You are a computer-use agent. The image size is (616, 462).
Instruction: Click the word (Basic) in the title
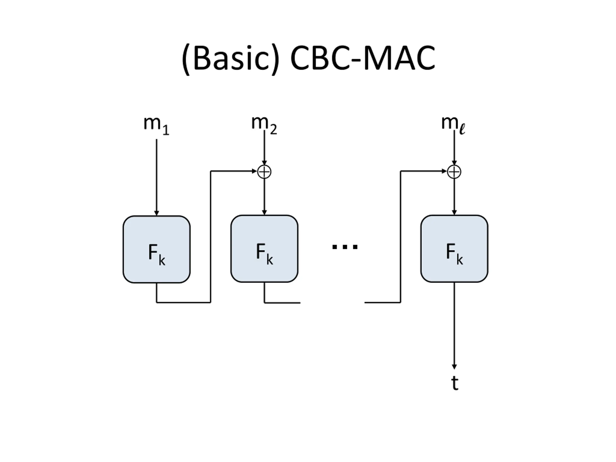click(x=230, y=59)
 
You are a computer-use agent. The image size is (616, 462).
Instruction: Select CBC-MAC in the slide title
click(x=363, y=58)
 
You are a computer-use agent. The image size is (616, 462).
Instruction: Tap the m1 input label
click(x=156, y=125)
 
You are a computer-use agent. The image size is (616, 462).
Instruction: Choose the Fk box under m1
click(x=156, y=250)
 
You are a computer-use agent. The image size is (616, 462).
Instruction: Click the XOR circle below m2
click(x=264, y=172)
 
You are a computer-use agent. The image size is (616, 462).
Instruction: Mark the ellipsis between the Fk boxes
click(x=345, y=246)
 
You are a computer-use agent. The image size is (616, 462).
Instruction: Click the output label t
click(x=455, y=383)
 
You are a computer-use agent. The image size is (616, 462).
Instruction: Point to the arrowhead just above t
click(x=454, y=367)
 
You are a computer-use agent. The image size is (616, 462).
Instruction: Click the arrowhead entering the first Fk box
click(x=156, y=213)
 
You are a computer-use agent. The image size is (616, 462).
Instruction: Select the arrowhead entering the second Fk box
click(x=264, y=212)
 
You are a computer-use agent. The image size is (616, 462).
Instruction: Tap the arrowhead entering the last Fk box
click(x=454, y=212)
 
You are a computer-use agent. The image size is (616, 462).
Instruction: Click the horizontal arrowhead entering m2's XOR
click(x=255, y=171)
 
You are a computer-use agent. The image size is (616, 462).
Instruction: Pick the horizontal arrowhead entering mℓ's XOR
click(x=444, y=171)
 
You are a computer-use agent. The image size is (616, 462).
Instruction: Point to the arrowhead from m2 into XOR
click(x=264, y=163)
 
